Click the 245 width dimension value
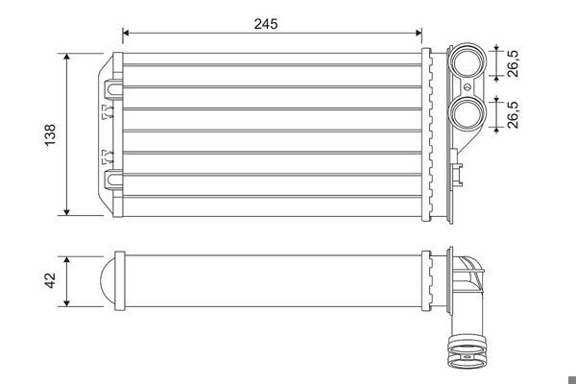point(266,24)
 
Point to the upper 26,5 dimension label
point(515,63)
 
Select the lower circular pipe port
point(468,111)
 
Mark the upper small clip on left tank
point(106,114)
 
